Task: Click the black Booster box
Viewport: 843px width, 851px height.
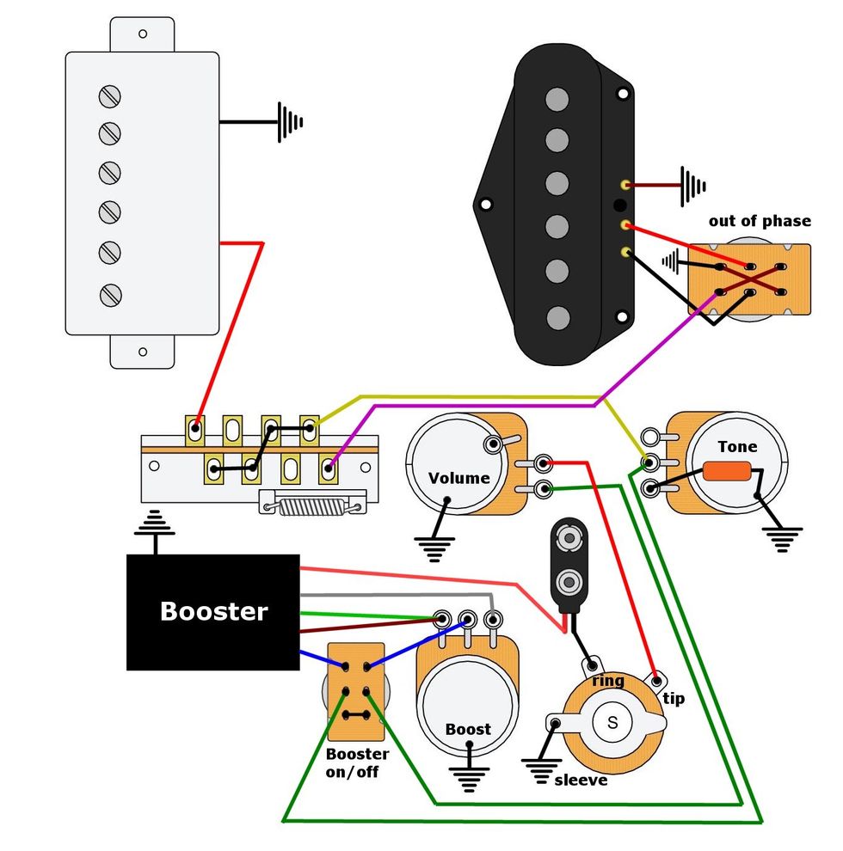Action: click(x=213, y=612)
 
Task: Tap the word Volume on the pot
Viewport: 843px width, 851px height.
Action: click(x=458, y=478)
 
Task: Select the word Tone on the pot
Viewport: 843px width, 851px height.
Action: click(x=737, y=446)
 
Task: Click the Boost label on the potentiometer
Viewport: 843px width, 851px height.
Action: click(x=468, y=729)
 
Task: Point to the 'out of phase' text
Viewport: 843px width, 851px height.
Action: click(x=759, y=221)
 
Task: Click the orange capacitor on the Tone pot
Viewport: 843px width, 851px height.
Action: click(x=728, y=472)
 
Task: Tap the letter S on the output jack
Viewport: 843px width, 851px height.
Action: click(x=612, y=722)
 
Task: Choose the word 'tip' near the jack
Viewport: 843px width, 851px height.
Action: click(x=674, y=698)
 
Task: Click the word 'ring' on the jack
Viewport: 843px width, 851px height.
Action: click(x=608, y=681)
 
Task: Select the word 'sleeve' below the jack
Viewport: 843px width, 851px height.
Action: click(x=581, y=780)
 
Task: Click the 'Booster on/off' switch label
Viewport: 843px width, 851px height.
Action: click(x=357, y=762)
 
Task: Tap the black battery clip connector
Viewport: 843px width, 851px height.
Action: click(x=569, y=563)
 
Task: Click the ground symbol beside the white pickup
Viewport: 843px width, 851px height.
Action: click(x=290, y=122)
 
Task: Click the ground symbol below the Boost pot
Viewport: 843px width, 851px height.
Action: click(x=468, y=777)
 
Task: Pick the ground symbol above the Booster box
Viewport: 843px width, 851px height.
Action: click(x=156, y=523)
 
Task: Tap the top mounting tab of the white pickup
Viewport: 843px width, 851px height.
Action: click(x=142, y=34)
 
